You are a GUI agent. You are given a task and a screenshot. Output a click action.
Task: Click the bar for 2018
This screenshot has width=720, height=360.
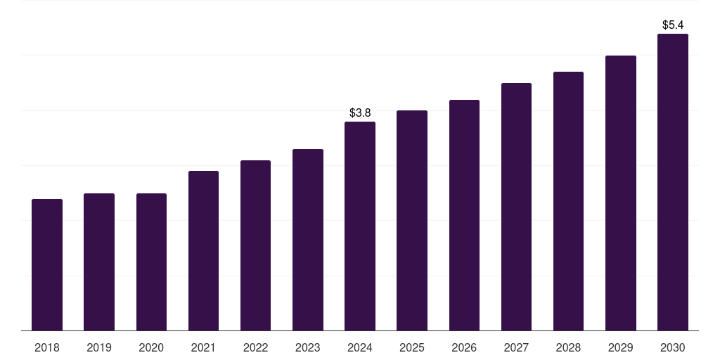[47, 265]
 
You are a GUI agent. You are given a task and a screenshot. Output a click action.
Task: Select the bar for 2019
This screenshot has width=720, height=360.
[99, 262]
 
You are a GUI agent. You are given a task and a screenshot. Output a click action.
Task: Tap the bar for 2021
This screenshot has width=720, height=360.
[203, 251]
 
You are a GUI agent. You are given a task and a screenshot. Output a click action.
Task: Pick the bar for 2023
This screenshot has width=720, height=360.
[308, 240]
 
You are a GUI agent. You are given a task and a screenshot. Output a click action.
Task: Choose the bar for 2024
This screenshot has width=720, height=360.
[360, 226]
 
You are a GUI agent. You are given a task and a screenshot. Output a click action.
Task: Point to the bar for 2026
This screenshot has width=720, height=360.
[464, 215]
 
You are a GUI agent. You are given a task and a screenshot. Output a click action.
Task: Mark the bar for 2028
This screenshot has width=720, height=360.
[568, 201]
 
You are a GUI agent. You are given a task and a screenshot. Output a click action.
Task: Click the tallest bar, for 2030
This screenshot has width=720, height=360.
[673, 182]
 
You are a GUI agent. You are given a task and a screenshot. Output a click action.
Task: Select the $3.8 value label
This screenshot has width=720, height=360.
[360, 112]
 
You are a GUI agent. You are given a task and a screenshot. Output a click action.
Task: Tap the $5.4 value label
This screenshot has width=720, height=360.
[673, 25]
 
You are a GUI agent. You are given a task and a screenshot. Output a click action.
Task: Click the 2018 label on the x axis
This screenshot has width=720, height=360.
[47, 347]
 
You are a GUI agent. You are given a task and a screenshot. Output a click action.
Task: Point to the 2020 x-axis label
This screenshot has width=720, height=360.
[151, 347]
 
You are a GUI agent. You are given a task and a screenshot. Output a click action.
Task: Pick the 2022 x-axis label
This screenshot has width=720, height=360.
[255, 347]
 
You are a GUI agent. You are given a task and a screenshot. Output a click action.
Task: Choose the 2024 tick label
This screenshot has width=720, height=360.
[360, 347]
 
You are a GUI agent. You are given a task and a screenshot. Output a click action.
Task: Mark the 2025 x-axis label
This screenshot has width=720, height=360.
[412, 347]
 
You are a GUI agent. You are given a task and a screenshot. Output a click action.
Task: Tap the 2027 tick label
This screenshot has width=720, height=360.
[516, 347]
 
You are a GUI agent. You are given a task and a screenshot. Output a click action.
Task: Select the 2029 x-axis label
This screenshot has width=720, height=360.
[620, 347]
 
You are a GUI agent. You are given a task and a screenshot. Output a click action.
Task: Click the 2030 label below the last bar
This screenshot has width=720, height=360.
[673, 347]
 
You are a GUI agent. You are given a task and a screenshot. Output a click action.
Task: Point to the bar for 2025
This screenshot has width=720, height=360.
[412, 221]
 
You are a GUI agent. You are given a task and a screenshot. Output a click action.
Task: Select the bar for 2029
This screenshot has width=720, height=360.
[621, 193]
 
